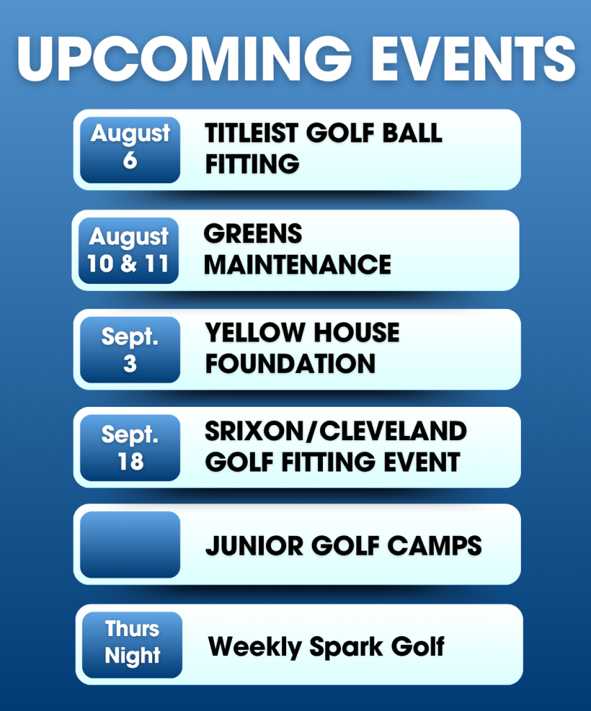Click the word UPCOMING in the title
pyautogui.click(x=185, y=59)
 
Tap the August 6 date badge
pyautogui.click(x=130, y=150)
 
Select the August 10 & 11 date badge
pyautogui.click(x=128, y=251)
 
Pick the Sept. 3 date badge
pyautogui.click(x=130, y=350)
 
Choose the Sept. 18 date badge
pyautogui.click(x=130, y=448)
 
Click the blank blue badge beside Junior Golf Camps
pyautogui.click(x=130, y=544)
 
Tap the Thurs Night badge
pyautogui.click(x=133, y=645)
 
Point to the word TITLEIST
pyautogui.click(x=251, y=133)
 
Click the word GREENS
pyautogui.click(x=253, y=234)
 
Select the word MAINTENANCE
pyautogui.click(x=297, y=265)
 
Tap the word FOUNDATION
pyautogui.click(x=290, y=364)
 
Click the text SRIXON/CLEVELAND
pyautogui.click(x=335, y=430)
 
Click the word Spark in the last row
pyautogui.click(x=346, y=647)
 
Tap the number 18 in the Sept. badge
pyautogui.click(x=131, y=462)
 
